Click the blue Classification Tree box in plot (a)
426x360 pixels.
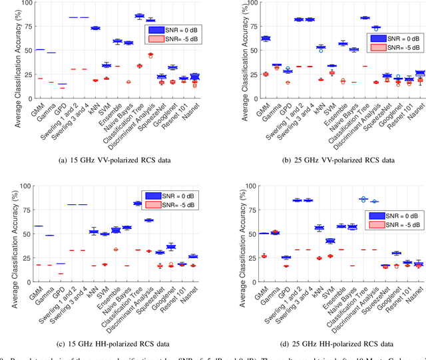139,16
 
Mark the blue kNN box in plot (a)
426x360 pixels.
95,28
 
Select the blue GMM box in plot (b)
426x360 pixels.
248,39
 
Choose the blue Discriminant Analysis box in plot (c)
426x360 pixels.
150,220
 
